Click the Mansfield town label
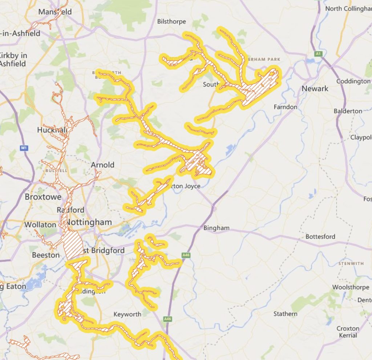point(55,12)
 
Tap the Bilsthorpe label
point(171,21)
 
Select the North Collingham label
point(348,8)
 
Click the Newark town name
point(315,88)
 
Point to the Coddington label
point(353,81)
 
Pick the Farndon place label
point(285,107)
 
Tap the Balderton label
point(348,111)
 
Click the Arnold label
point(102,165)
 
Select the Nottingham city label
point(89,222)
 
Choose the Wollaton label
point(41,224)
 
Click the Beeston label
point(46,255)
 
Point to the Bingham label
point(216,228)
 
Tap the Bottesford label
point(320,236)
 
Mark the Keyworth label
point(127,314)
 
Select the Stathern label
point(285,313)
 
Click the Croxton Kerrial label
point(348,332)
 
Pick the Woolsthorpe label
point(351,287)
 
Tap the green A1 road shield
point(319,54)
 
